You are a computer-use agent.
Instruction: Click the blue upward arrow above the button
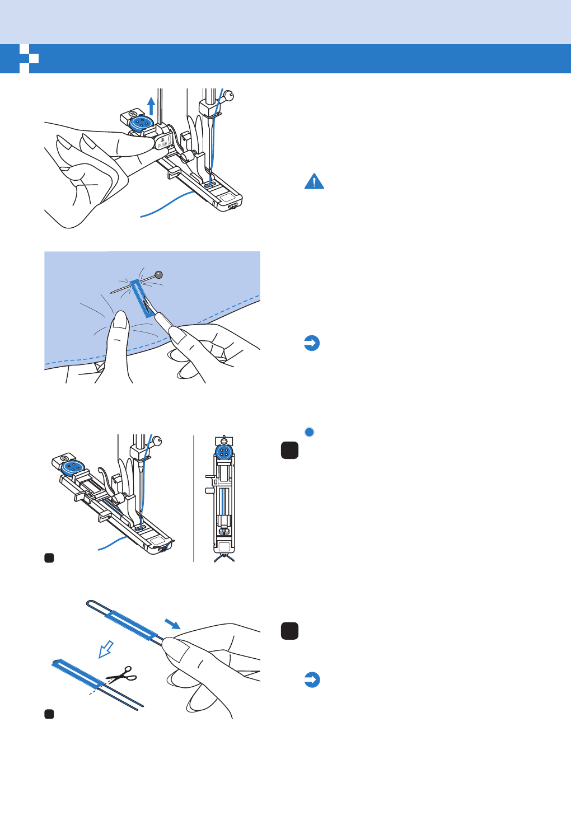(151, 105)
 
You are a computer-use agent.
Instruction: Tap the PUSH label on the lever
(162, 144)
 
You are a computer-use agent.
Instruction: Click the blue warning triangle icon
(314, 182)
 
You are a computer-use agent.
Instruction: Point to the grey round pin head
(159, 275)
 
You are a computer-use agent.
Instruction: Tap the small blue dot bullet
(309, 432)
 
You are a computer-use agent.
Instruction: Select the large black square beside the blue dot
(289, 450)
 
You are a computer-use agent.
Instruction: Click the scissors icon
(122, 675)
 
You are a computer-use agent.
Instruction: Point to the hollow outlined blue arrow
(105, 649)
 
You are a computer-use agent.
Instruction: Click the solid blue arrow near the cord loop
(172, 624)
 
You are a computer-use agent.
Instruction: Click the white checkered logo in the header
(29, 59)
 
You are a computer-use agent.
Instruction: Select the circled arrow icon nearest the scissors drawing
(312, 679)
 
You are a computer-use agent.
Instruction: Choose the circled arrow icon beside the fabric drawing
(312, 343)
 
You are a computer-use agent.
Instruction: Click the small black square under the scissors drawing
(49, 714)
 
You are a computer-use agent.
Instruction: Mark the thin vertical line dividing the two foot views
(194, 498)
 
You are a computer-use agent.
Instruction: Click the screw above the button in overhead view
(224, 440)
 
